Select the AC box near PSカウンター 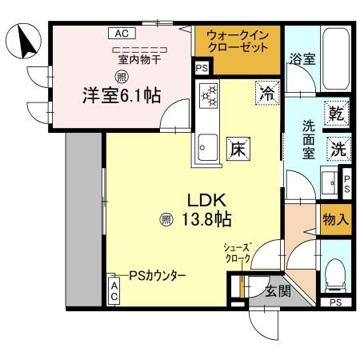[114, 290]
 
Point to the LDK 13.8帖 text [210, 208]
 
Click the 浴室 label [302, 59]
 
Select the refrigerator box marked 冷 [266, 94]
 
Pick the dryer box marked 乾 [337, 114]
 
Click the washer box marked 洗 [337, 148]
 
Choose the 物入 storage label [334, 218]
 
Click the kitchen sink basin [207, 146]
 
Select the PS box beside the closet [201, 69]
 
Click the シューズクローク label [239, 254]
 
